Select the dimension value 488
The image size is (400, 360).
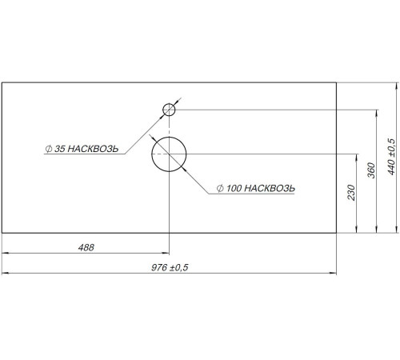(x=86, y=247)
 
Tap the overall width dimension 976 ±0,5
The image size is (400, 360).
(x=170, y=267)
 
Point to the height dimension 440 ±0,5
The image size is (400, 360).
(x=391, y=157)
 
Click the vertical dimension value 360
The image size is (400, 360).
(x=371, y=170)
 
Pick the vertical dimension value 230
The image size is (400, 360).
(x=351, y=193)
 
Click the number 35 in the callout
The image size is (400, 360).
(x=60, y=149)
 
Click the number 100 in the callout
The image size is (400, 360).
(x=234, y=188)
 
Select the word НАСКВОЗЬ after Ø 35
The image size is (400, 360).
(x=93, y=149)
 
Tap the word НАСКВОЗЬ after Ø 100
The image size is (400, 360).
(x=270, y=188)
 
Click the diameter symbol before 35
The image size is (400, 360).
(x=49, y=149)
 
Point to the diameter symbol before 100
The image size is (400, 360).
(x=220, y=188)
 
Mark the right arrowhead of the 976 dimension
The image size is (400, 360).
(x=333, y=273)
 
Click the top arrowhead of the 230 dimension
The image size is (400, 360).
(x=357, y=158)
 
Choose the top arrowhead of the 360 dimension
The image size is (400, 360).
(x=376, y=113)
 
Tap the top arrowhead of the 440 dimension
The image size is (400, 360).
(x=397, y=86)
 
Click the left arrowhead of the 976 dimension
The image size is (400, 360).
(x=5, y=273)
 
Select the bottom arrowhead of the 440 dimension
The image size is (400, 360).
(x=397, y=230)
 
